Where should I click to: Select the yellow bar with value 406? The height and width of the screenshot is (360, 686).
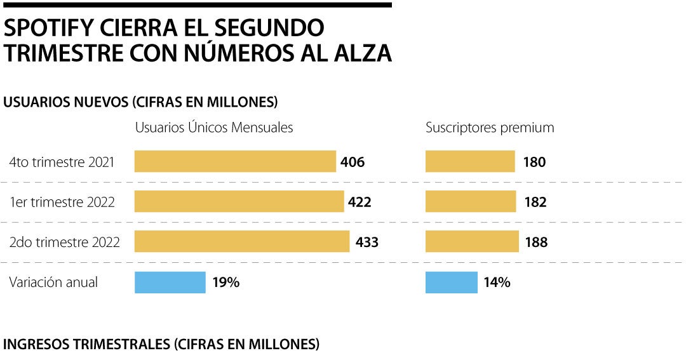tap(235, 161)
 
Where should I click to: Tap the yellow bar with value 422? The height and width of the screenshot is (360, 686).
tap(239, 202)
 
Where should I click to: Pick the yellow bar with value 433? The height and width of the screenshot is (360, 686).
tap(242, 242)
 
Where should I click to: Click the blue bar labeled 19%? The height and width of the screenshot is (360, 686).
tap(170, 283)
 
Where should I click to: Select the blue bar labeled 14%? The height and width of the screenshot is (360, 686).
tap(451, 283)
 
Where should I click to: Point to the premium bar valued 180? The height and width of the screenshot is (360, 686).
tap(470, 161)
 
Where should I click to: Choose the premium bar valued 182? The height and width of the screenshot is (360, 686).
tap(471, 202)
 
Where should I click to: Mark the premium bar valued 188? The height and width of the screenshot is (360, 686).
tap(472, 242)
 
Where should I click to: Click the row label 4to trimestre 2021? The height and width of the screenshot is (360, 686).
tap(62, 162)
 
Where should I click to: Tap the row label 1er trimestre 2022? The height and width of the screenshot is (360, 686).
tap(62, 203)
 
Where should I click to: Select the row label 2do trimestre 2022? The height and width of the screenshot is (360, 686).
tap(64, 243)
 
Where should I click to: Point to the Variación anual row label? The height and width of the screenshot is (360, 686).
tap(53, 283)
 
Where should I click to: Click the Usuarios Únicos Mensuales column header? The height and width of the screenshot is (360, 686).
tap(214, 128)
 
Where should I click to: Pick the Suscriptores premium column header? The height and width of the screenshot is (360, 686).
tap(490, 128)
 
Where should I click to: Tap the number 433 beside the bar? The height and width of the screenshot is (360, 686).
tap(367, 243)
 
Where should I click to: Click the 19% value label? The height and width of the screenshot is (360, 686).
tap(226, 283)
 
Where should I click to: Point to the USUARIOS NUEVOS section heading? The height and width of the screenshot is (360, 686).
tap(141, 102)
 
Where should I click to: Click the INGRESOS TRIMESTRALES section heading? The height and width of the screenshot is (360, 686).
tap(161, 345)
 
